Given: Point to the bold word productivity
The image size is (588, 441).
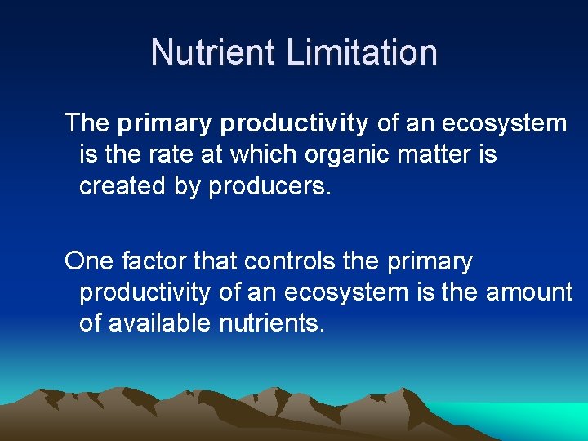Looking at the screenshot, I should click(294, 124).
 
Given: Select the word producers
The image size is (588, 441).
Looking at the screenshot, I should click(270, 185).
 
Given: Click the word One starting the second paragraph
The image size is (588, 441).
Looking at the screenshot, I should click(89, 261).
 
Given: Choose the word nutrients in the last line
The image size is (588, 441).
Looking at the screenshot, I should click(273, 323).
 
